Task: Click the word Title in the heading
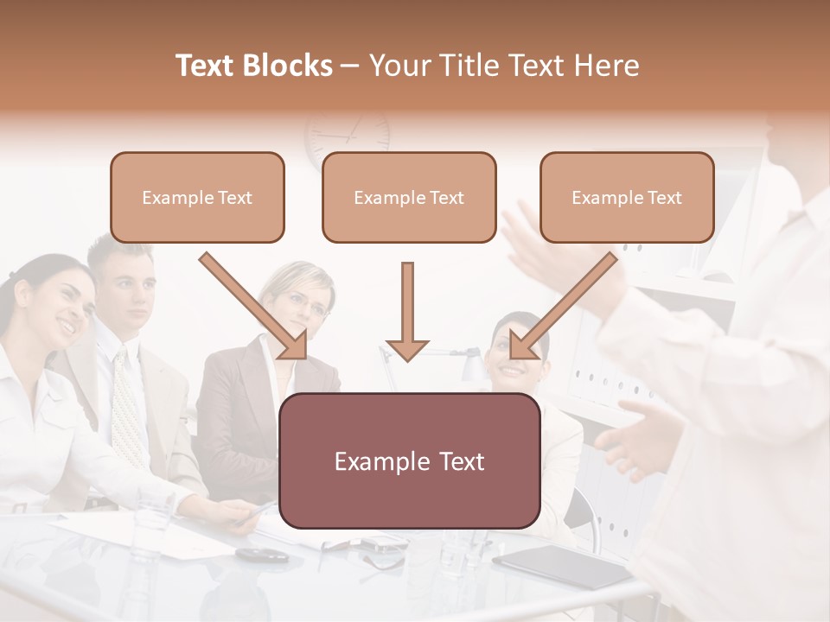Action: point(464,66)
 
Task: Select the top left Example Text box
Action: point(197,197)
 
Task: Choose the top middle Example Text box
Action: point(409,197)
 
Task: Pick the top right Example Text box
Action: point(627,197)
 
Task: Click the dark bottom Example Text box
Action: point(410,460)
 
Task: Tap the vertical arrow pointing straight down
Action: point(407,311)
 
